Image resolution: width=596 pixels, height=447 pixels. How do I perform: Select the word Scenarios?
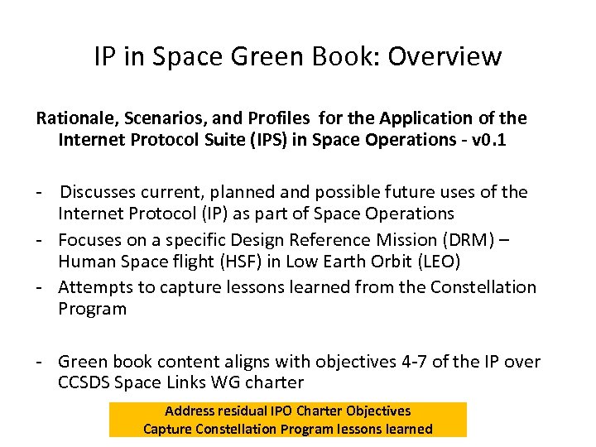pos(164,118)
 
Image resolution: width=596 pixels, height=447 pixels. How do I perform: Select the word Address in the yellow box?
pos(190,411)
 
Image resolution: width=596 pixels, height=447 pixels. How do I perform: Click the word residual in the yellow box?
pos(244,411)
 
